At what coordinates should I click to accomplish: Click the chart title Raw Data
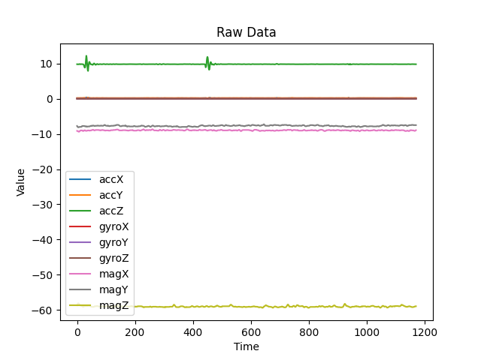247,32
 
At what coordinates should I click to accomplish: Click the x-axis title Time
247,346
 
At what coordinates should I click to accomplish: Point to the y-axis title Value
21,182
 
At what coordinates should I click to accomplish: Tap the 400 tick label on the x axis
193,332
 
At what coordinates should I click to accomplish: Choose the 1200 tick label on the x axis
425,332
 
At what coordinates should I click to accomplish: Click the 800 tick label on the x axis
309,332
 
